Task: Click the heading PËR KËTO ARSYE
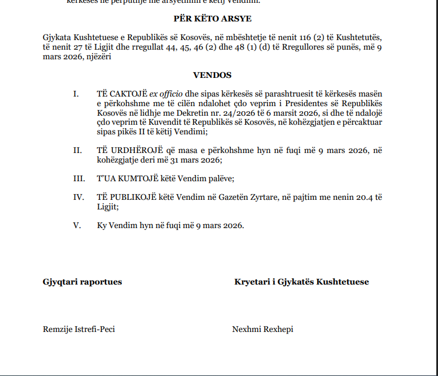tap(212, 19)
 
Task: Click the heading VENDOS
tap(212, 75)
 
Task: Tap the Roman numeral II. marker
tap(77, 150)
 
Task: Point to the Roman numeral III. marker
tap(78, 178)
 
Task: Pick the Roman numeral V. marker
tap(77, 225)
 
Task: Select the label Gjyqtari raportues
tap(82, 282)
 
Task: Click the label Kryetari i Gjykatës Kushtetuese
tap(301, 282)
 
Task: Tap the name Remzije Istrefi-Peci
tap(79, 329)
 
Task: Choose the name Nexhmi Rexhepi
tap(262, 329)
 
